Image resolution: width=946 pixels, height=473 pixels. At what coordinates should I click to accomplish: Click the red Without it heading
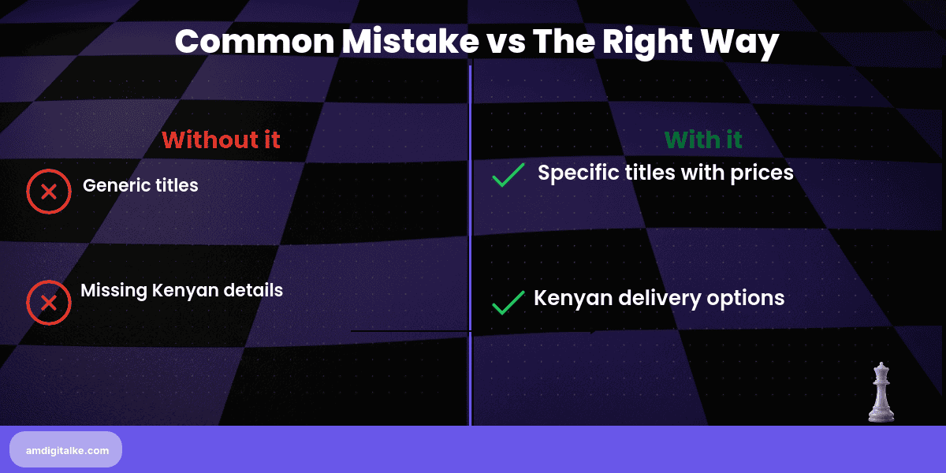221,140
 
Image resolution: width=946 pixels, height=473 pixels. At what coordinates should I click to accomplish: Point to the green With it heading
703,140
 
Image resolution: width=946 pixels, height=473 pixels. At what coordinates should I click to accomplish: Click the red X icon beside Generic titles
49,192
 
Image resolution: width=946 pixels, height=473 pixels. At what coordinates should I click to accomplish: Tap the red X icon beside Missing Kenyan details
49,303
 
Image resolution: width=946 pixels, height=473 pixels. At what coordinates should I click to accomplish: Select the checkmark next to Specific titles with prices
508,175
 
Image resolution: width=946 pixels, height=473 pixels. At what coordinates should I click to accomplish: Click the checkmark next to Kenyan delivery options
508,302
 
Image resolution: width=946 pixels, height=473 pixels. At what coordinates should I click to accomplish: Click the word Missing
114,290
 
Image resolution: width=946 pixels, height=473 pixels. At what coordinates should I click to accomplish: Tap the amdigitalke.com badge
66,449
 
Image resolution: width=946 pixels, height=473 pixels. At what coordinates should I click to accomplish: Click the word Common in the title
254,41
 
